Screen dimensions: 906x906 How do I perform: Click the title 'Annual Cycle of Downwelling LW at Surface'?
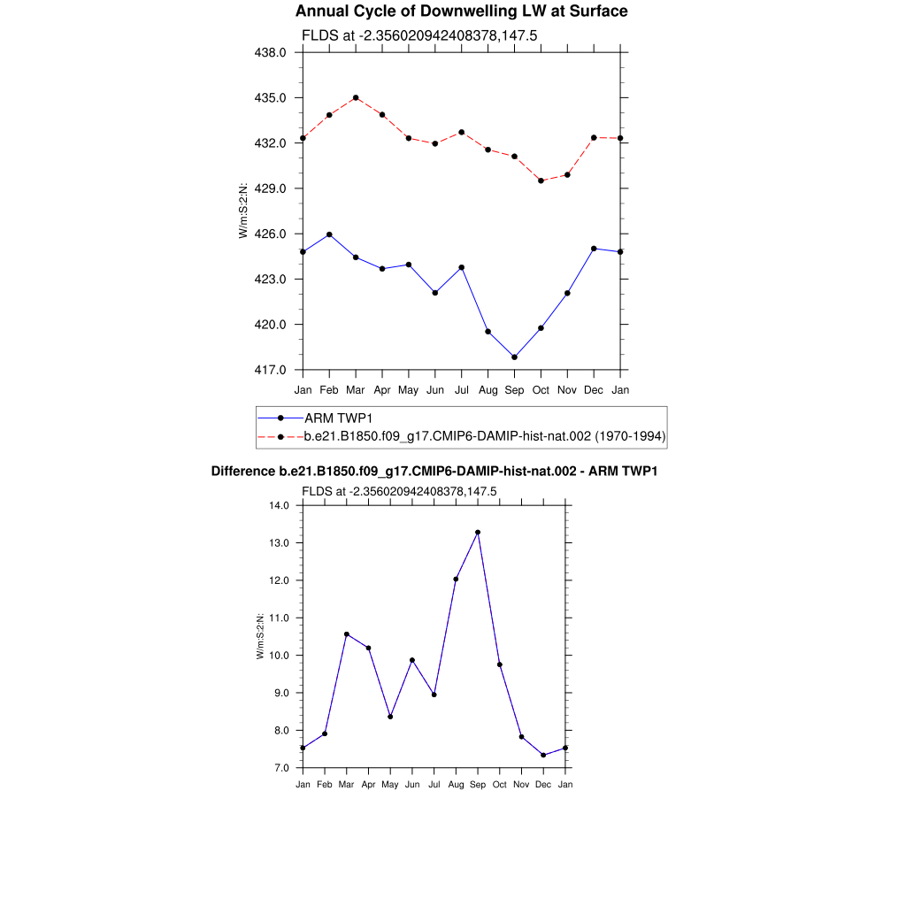(461, 12)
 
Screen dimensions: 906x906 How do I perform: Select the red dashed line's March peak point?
(356, 97)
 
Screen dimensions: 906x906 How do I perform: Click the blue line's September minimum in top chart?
(514, 357)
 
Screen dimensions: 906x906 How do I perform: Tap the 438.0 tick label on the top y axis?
(271, 52)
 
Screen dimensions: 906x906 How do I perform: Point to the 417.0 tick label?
(271, 370)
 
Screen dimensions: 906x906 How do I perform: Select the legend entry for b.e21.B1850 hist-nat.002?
(485, 436)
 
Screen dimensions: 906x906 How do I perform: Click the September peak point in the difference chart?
(478, 533)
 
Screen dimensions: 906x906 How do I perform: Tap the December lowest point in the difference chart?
(543, 755)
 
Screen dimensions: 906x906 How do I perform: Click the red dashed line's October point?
(541, 180)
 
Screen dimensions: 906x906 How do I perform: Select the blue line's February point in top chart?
(329, 234)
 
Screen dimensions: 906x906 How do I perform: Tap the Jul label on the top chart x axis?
(461, 390)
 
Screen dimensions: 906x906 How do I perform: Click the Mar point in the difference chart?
(347, 634)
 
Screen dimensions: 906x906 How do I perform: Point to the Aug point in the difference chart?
(457, 580)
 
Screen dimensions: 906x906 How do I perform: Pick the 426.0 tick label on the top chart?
(271, 234)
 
